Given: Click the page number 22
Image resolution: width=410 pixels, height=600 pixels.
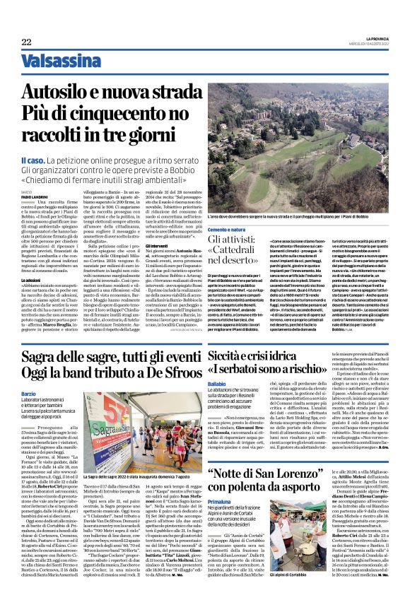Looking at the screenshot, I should coord(26,43).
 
